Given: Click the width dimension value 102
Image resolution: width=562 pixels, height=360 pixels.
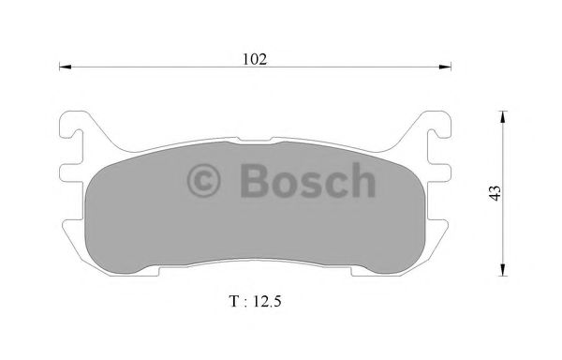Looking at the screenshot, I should point(256,58).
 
